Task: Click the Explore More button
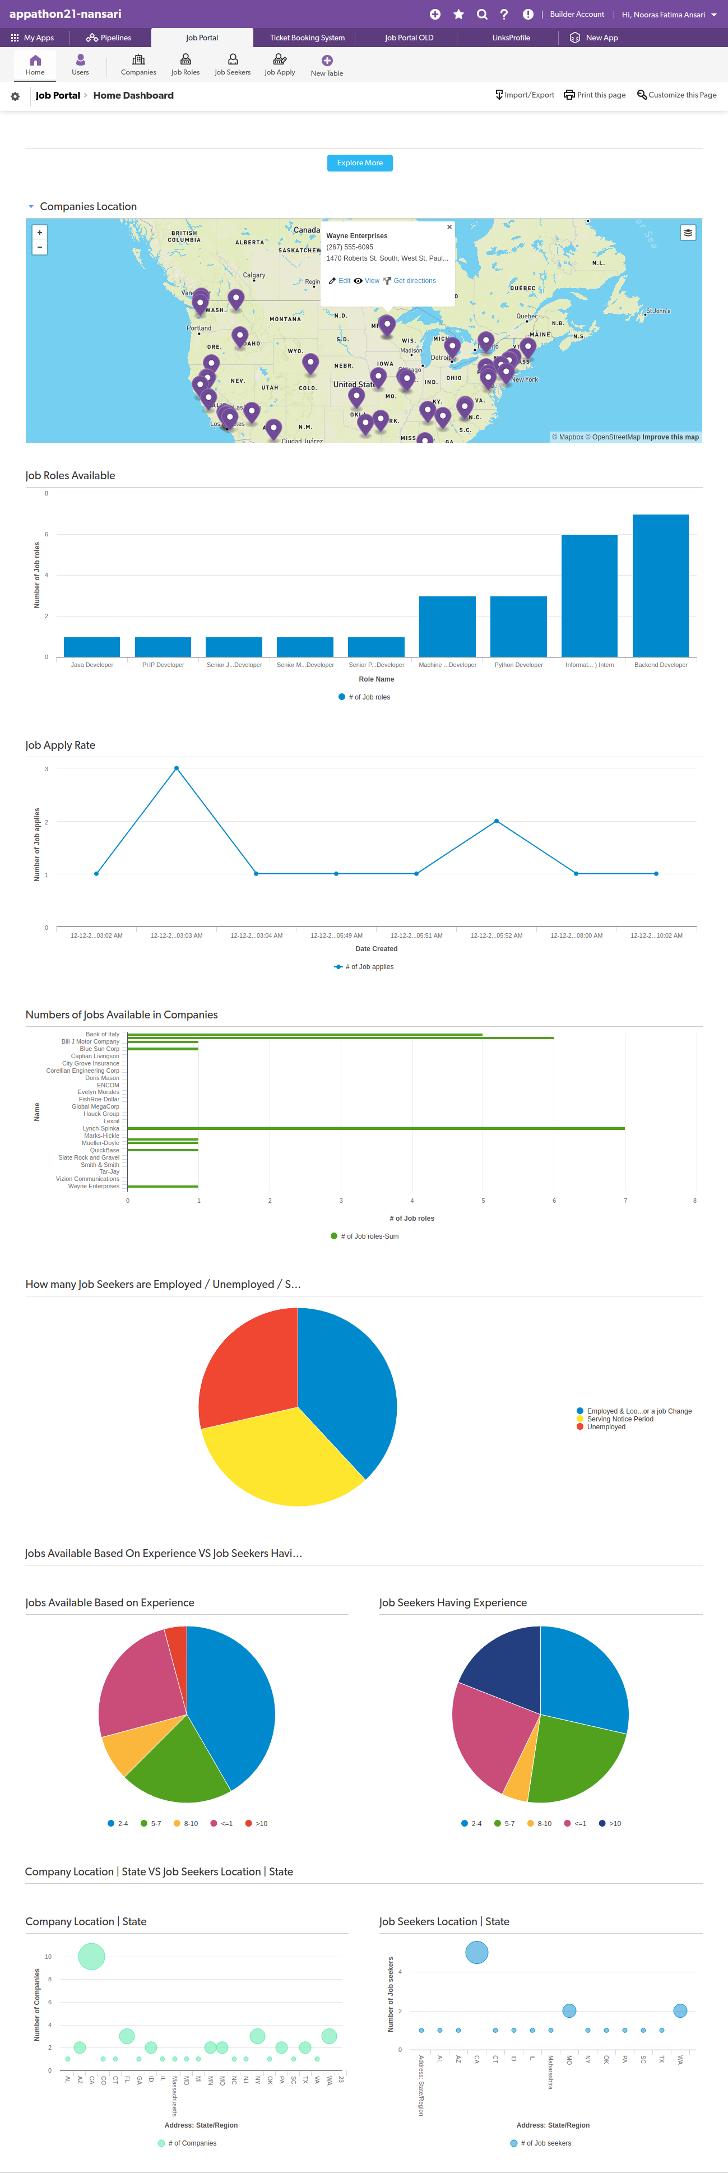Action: (359, 163)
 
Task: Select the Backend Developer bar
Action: (661, 586)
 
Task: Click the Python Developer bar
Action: (518, 626)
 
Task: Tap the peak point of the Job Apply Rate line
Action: (177, 768)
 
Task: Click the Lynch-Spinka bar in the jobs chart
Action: (375, 1128)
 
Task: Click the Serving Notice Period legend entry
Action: (619, 1419)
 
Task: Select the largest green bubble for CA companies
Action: (91, 1956)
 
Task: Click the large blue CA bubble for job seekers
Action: (476, 1952)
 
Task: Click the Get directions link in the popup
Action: (414, 281)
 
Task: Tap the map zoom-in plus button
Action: (40, 232)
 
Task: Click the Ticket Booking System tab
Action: (307, 38)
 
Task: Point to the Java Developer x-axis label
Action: (92, 665)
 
